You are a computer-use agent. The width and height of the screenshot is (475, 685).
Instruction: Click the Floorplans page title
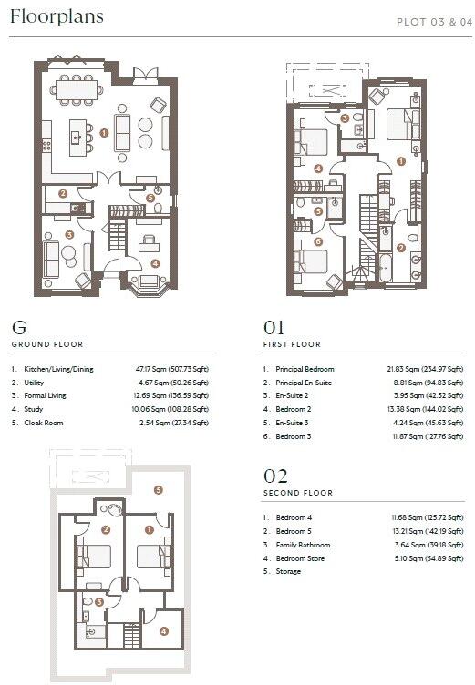[x=56, y=16]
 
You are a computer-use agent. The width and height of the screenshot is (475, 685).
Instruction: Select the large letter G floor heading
[x=18, y=326]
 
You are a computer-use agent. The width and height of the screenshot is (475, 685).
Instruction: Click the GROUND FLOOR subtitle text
[x=46, y=344]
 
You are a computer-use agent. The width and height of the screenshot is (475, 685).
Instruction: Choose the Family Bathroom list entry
[x=304, y=545]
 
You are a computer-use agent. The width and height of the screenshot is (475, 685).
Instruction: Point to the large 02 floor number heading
[x=274, y=475]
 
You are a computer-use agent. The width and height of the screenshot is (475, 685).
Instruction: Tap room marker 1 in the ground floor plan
[x=105, y=132]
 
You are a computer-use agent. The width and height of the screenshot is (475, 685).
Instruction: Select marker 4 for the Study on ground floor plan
[x=155, y=263]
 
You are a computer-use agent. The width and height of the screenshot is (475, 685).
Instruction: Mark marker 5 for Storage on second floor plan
[x=157, y=490]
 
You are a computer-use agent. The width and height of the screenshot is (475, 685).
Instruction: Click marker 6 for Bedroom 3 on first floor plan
[x=318, y=241]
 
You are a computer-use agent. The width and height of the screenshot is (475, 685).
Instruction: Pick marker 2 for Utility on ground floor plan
[x=62, y=193]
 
